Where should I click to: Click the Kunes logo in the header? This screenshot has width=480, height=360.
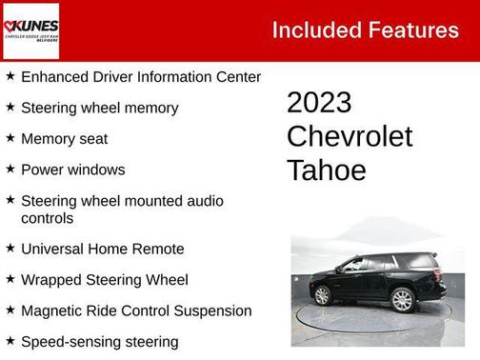31,30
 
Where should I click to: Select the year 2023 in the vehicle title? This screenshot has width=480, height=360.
319,103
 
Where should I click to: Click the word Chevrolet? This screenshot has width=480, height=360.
350,136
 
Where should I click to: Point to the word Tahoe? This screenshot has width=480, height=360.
326,170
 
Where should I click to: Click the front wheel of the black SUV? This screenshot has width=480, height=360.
322,295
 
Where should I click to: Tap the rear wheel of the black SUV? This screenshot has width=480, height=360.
402,299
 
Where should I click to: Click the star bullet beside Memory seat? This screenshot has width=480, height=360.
10,138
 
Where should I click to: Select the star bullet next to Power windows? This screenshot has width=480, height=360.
10,170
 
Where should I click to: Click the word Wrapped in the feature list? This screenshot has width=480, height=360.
51,280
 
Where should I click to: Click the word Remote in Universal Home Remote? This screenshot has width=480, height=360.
158,249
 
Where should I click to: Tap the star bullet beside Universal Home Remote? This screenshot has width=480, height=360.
10,248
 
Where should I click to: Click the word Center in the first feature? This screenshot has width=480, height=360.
237,76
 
